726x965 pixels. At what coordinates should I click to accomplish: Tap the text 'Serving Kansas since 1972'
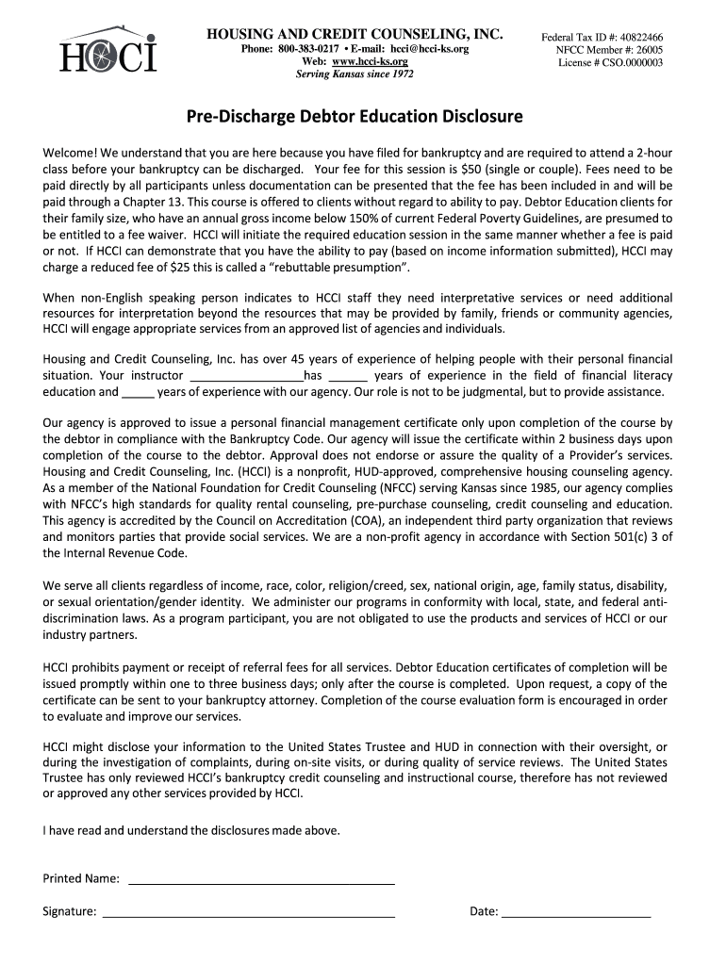355,74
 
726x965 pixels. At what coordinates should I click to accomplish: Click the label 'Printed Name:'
82,879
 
